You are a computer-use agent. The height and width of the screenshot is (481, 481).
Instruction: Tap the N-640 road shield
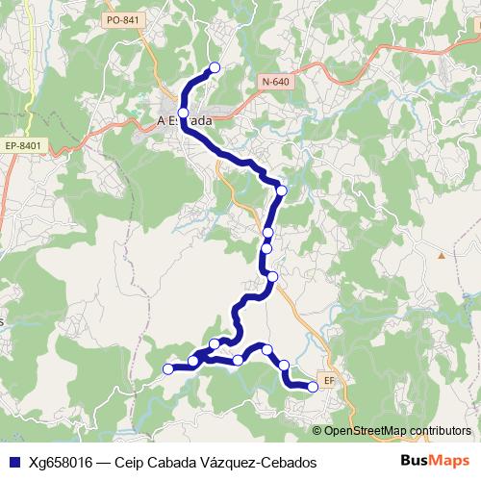(x=275, y=83)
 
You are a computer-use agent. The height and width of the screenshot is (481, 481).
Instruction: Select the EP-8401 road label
(x=24, y=145)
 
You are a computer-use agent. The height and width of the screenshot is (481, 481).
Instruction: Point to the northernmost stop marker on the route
(x=215, y=67)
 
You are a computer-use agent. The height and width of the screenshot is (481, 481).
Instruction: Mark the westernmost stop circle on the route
(x=168, y=368)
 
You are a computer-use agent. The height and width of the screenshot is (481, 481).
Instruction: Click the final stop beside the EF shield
(x=313, y=387)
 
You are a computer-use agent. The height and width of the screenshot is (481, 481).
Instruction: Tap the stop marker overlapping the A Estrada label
(x=183, y=113)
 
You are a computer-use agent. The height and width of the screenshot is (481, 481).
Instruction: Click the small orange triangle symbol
(x=442, y=256)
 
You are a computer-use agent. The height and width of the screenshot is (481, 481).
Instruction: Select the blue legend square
(x=13, y=462)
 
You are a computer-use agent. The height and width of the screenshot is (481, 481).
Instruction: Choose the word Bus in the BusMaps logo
(x=415, y=462)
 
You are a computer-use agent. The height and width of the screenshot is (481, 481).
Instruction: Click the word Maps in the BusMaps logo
(x=448, y=462)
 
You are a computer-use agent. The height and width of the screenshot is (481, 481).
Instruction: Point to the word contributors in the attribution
(x=437, y=430)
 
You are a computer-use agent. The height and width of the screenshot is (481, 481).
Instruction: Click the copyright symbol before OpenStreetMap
(x=318, y=430)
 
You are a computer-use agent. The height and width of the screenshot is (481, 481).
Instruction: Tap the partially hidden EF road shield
(x=329, y=380)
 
